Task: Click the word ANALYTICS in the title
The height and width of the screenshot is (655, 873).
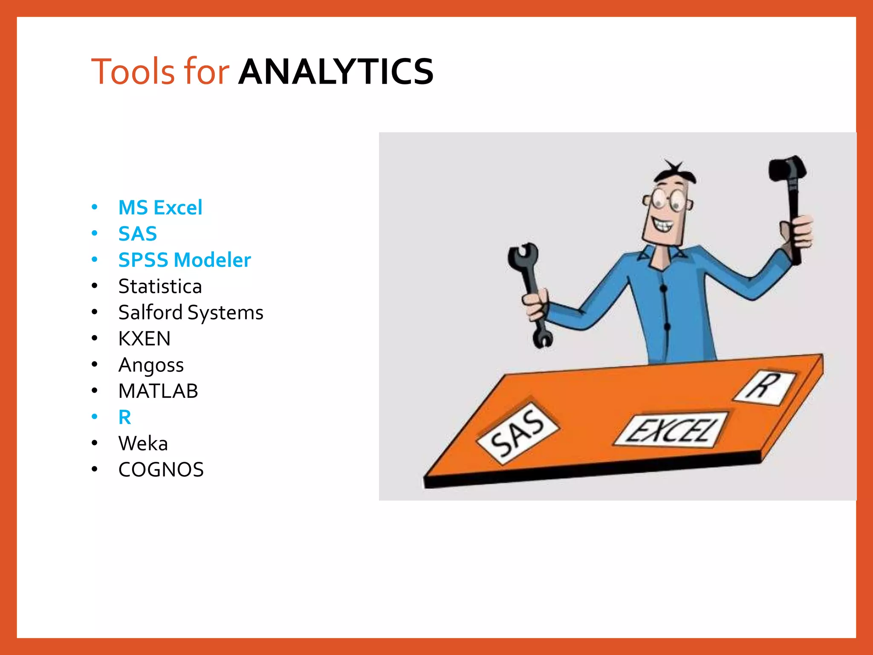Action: point(336,72)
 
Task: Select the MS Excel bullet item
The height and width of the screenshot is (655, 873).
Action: point(160,208)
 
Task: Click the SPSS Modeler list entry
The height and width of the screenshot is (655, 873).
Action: point(185,260)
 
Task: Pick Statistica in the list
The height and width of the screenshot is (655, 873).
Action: point(160,286)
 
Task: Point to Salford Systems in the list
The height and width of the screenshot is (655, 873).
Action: point(191,313)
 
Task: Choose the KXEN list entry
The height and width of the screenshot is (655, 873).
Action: point(144,339)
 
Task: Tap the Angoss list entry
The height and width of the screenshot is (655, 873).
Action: point(151,365)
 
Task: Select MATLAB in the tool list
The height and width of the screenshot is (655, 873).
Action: point(158,391)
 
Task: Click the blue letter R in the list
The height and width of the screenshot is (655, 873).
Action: point(124,417)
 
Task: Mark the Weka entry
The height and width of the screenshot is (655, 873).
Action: point(143,443)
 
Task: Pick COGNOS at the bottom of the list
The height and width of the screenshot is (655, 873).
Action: point(161,470)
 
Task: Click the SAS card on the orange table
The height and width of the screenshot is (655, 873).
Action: point(517,433)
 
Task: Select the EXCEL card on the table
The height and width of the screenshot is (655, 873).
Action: point(671,429)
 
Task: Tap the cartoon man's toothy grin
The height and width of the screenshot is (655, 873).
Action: point(662,224)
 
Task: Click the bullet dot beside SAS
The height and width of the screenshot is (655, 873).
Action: point(95,233)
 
